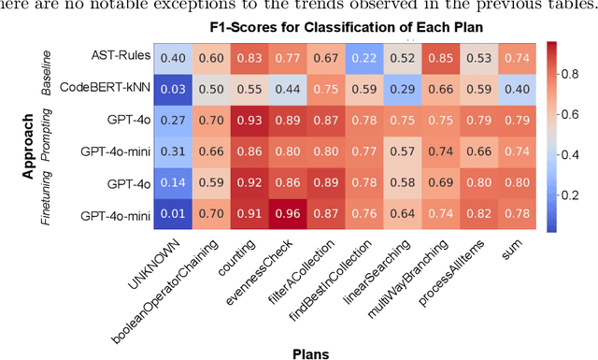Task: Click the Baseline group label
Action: coord(47,74)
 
